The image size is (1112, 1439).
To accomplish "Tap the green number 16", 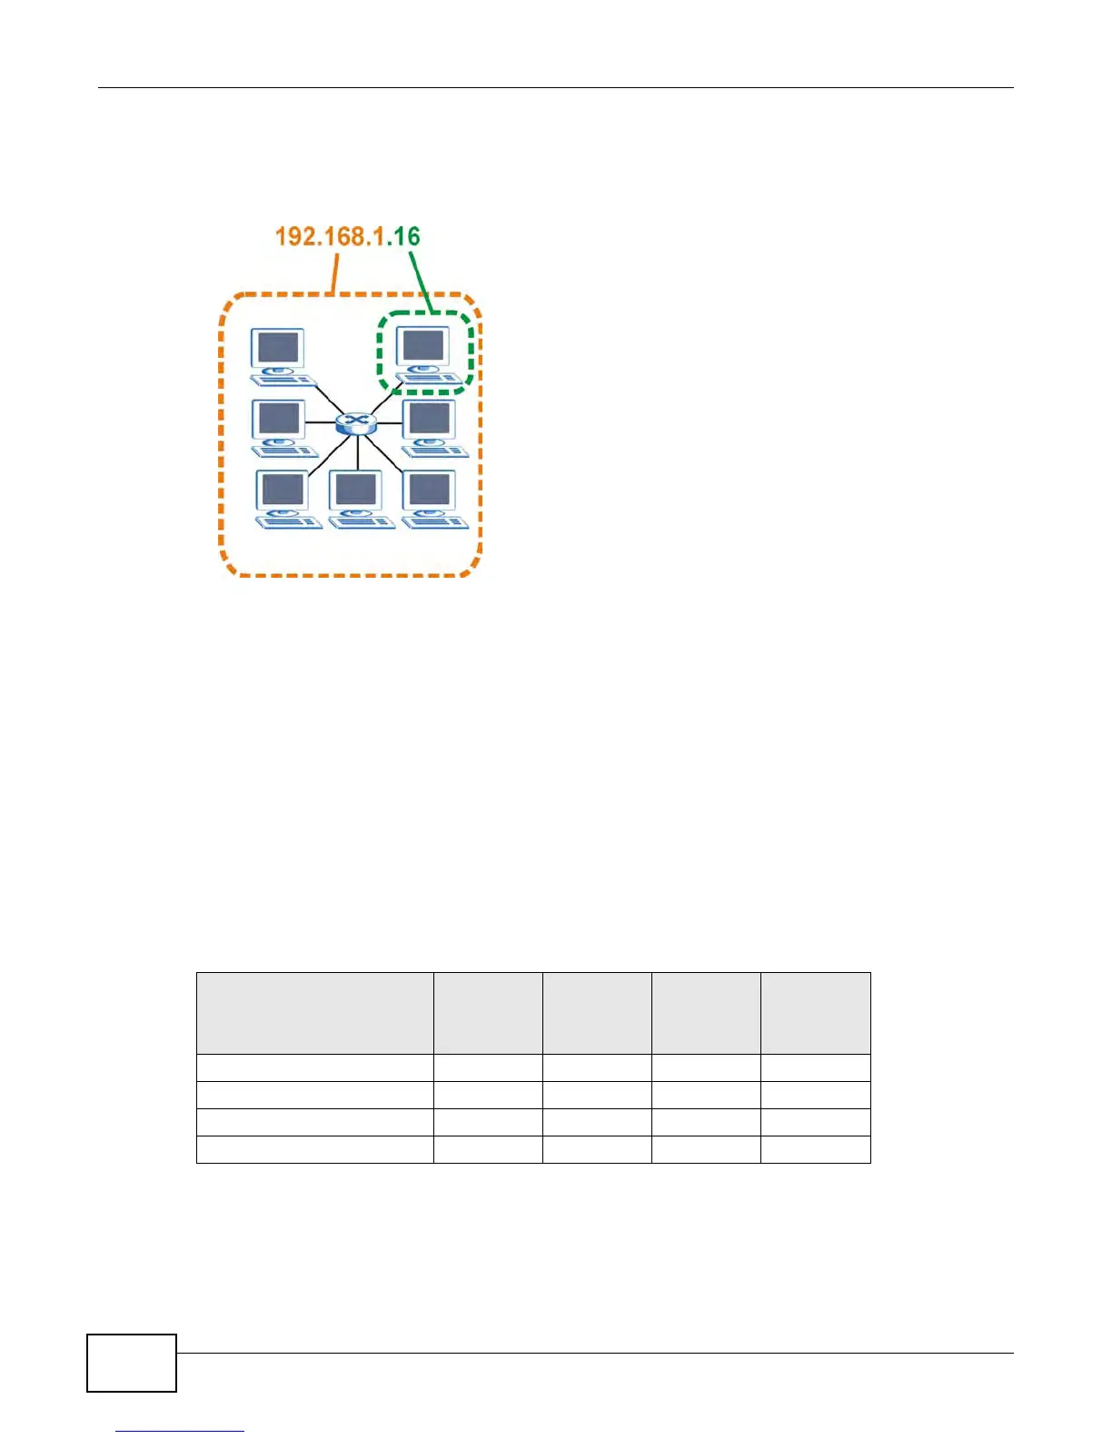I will [x=407, y=237].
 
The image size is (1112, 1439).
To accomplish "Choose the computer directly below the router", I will [x=360, y=499].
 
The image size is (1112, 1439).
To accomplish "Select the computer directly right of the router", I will [x=432, y=427].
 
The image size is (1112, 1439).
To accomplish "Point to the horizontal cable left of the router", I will [x=320, y=422].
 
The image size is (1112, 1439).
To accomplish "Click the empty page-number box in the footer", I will [x=132, y=1363].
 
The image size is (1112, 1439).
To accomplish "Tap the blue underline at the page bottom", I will [x=180, y=1431].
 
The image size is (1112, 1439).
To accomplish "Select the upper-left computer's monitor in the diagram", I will [x=279, y=348].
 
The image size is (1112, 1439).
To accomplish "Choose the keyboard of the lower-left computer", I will [x=289, y=522].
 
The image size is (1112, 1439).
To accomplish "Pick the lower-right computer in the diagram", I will [x=432, y=499].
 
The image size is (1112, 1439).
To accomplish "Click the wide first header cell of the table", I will [x=314, y=1013].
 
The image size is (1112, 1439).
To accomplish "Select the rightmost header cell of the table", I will [x=815, y=1013].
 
